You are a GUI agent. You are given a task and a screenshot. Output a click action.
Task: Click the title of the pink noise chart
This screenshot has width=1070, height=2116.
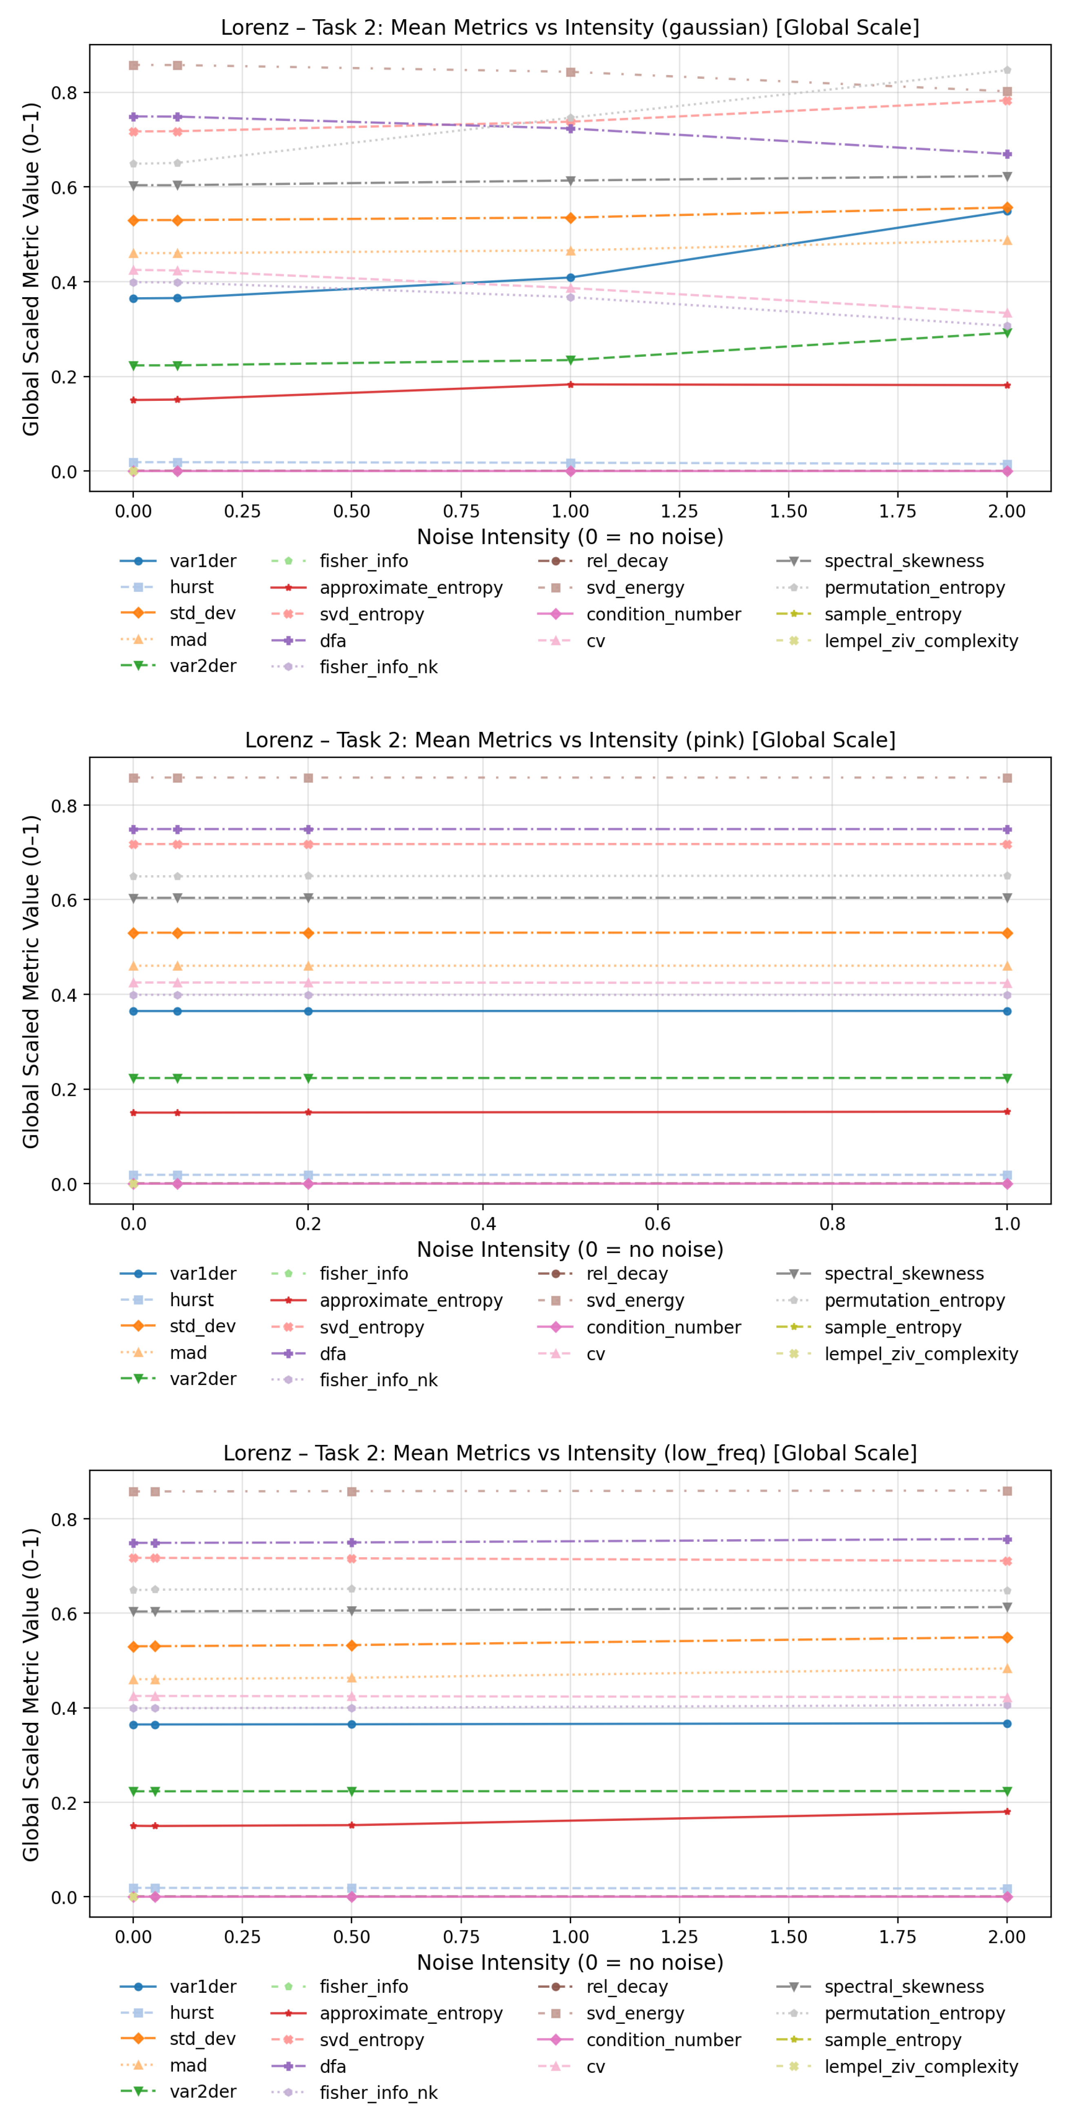click(570, 740)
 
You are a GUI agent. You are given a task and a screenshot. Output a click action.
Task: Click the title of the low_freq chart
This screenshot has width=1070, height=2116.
click(570, 1453)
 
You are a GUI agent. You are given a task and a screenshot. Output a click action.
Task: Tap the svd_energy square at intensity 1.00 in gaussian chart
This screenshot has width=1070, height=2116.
click(571, 72)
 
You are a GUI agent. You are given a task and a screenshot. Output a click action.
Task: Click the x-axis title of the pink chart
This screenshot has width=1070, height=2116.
click(570, 1249)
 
